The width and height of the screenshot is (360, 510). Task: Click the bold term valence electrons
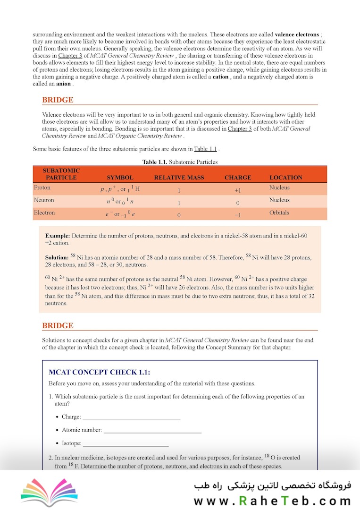pyautogui.click(x=297, y=34)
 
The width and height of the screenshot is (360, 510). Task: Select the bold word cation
pyautogui.click(x=220, y=77)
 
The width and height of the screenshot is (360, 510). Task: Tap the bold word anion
pyautogui.click(x=64, y=84)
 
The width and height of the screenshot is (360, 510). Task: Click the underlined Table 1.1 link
pyautogui.click(x=205, y=149)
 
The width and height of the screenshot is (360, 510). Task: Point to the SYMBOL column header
pyautogui.click(x=120, y=178)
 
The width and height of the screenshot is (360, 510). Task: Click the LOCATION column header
pyautogui.click(x=286, y=178)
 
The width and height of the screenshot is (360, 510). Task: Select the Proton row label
pyautogui.click(x=42, y=188)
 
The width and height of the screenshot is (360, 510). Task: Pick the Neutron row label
pyautogui.click(x=44, y=200)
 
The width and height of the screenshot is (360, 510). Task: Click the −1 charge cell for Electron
pyautogui.click(x=238, y=215)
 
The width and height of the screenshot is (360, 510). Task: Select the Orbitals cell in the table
pyautogui.click(x=279, y=212)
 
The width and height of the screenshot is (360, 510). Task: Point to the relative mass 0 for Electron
pyautogui.click(x=179, y=215)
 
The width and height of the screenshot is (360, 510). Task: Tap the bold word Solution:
pyautogui.click(x=57, y=257)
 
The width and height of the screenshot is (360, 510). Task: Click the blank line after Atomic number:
pyautogui.click(x=152, y=430)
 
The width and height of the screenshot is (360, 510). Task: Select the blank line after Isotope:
pyautogui.click(x=126, y=443)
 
